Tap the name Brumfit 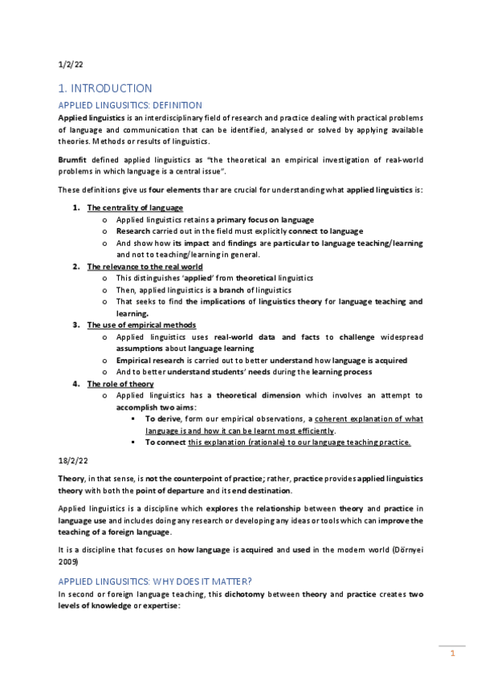click(x=73, y=160)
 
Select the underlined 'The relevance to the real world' click(x=145, y=266)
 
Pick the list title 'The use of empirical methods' click(x=141, y=324)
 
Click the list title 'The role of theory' click(x=120, y=384)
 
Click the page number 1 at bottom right click(x=453, y=653)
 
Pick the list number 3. click(x=75, y=324)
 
